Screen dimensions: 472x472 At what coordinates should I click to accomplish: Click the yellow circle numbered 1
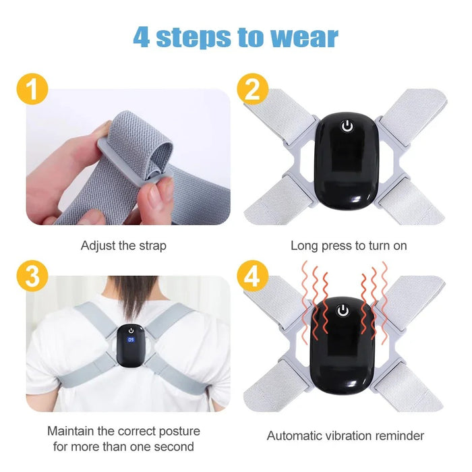[27, 90]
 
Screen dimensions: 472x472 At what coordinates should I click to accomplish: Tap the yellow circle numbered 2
[252, 90]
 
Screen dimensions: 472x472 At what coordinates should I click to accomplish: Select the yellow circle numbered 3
[27, 276]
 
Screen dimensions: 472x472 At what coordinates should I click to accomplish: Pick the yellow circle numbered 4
[252, 276]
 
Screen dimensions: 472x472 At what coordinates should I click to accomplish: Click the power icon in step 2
[347, 126]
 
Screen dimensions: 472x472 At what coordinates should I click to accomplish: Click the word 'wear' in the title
[304, 37]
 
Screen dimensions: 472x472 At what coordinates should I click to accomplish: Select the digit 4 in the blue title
[142, 37]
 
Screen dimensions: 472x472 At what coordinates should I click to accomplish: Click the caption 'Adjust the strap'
[123, 246]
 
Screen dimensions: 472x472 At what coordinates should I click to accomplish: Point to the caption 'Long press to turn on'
[349, 246]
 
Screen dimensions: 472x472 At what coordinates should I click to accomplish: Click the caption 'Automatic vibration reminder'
[345, 436]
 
